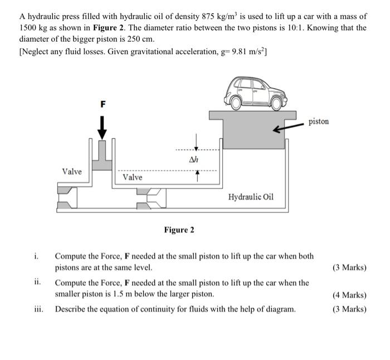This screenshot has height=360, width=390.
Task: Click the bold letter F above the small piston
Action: pos(102,104)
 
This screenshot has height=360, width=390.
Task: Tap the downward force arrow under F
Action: pos(102,127)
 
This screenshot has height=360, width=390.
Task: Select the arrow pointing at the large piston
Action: pos(284,128)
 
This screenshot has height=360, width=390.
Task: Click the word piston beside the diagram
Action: pos(318,121)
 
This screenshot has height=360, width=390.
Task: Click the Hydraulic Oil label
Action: pos(251,197)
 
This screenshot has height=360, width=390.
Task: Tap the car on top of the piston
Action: pos(257,92)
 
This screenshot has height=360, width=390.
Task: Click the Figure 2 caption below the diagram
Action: pos(179,230)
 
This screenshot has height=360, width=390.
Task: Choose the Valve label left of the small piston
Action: pos(72,172)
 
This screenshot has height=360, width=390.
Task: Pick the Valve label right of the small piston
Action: pos(133,177)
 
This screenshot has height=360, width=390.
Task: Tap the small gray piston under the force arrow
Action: pos(102,162)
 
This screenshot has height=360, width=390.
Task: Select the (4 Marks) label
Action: pos(349,295)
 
